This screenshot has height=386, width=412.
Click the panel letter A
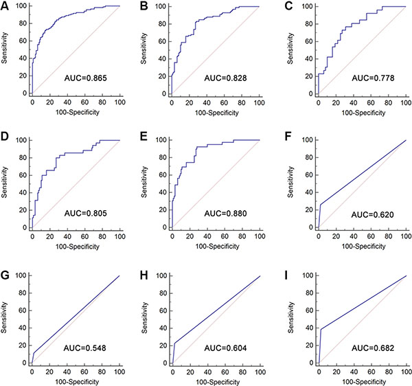coord(6,7)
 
